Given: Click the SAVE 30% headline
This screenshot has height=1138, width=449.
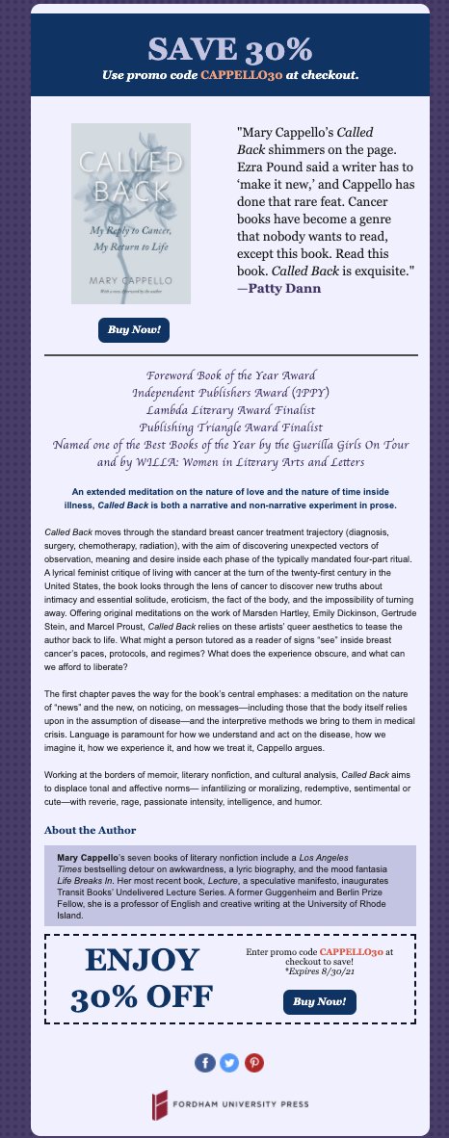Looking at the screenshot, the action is click(x=230, y=48).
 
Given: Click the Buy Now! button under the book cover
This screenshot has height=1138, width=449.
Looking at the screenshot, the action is click(x=134, y=330).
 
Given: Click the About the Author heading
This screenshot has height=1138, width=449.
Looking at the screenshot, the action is click(x=91, y=829).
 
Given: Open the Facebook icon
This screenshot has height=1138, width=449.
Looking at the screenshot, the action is click(x=204, y=1063).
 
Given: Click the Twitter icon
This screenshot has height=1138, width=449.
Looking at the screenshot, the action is click(x=229, y=1063).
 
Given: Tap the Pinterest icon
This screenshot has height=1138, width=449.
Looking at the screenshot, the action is click(x=254, y=1063).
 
